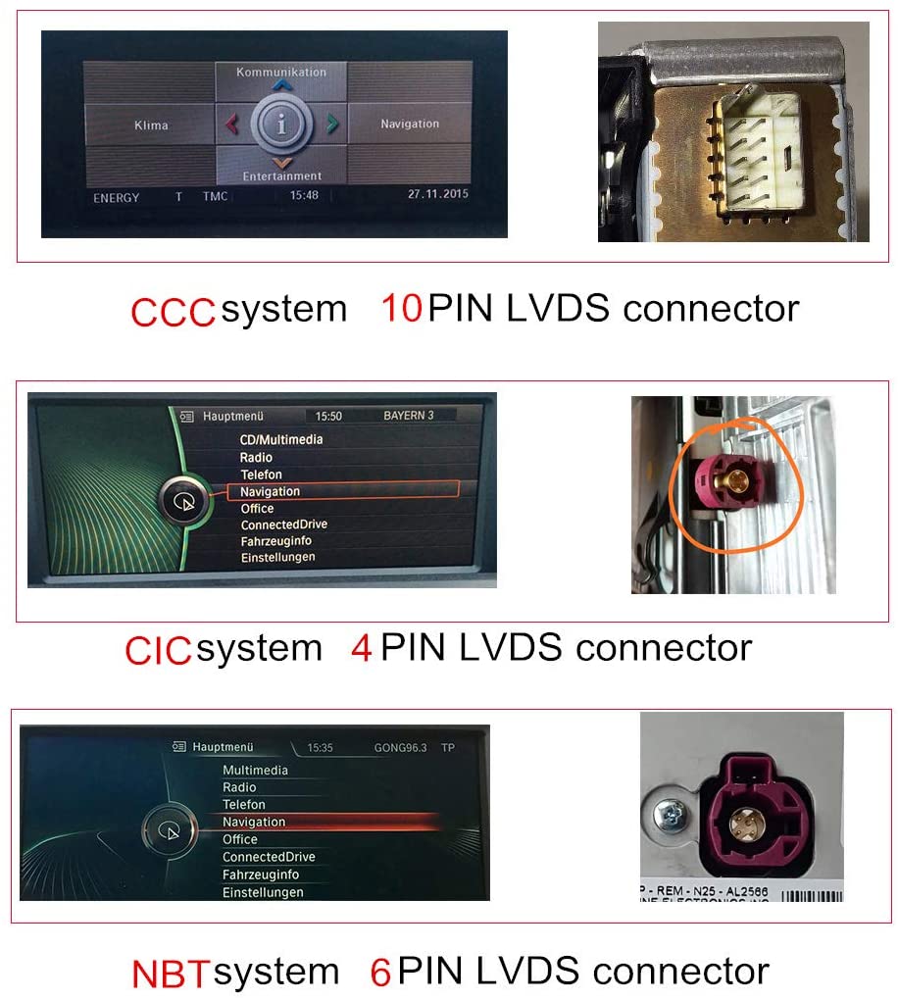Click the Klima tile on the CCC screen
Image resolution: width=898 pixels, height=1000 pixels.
coord(151,125)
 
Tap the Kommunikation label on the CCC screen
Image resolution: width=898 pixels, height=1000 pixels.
coord(281,72)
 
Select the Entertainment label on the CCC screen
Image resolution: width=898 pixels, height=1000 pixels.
coord(282,176)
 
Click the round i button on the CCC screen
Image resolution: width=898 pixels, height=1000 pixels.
coord(282,125)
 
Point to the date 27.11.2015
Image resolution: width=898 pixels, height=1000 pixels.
coord(438,194)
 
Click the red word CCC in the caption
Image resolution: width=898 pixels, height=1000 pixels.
coord(173,312)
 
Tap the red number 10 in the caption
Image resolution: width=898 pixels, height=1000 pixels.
coord(401,309)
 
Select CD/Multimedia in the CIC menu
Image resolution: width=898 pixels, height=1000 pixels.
coord(281,439)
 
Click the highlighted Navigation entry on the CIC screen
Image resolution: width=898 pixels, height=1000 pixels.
coord(271,491)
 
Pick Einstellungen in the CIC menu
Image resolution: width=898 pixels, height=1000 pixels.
coord(278,558)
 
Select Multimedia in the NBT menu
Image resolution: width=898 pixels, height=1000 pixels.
coord(255,771)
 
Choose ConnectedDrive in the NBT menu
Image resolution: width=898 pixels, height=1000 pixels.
coord(269,857)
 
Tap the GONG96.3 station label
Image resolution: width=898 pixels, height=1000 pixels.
coord(400,748)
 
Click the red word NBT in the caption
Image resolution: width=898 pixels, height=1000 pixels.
coord(171,975)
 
